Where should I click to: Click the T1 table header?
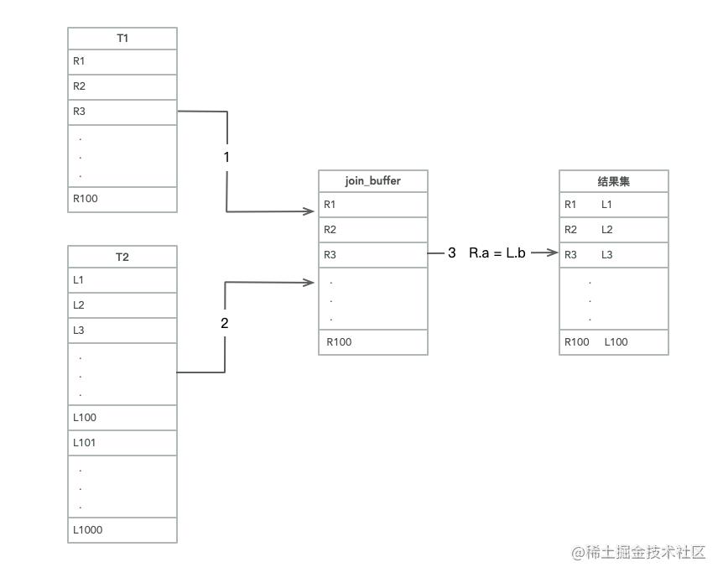tap(122, 39)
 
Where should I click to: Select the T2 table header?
tap(122, 257)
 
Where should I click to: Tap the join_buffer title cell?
tap(372, 181)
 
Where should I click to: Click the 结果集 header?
tap(613, 181)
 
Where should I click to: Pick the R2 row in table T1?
tap(122, 86)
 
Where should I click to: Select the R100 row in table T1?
tap(122, 199)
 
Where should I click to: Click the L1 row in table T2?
tap(122, 279)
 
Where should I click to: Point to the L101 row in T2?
tap(122, 442)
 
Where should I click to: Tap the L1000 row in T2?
tap(122, 529)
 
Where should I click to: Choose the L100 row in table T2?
tap(122, 417)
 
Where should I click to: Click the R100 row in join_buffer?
tap(372, 341)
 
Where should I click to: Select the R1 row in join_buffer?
tap(372, 204)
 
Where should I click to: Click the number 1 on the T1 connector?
tap(226, 157)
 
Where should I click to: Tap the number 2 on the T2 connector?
tap(224, 323)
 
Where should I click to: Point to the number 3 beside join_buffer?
tap(451, 253)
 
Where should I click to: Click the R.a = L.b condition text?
tap(497, 253)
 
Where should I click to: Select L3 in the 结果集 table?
tap(607, 254)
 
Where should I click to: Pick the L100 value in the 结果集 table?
tap(616, 341)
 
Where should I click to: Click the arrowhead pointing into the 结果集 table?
tap(552, 253)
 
